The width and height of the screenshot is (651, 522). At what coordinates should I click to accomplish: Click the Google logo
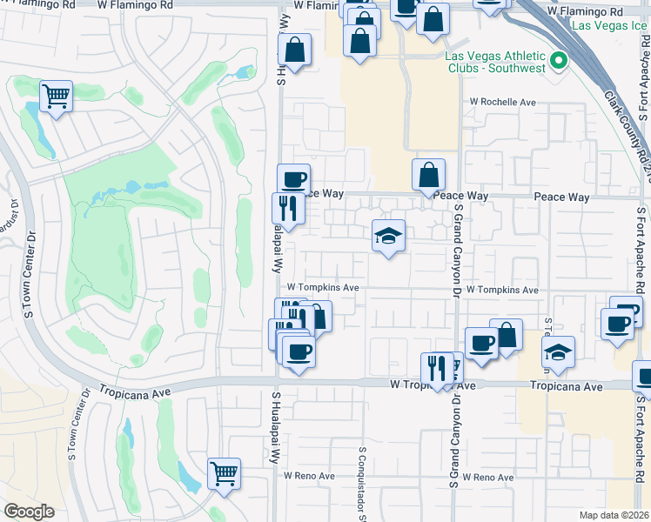point(29,512)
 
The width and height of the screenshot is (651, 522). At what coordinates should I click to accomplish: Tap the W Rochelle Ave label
point(503,102)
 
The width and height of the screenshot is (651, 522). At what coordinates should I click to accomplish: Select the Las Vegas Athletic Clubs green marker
point(558,62)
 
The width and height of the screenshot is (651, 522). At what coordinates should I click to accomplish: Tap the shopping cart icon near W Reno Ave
point(224,474)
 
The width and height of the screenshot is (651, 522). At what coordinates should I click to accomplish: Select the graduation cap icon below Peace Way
point(389,235)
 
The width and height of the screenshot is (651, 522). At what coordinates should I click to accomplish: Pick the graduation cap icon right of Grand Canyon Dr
point(558,352)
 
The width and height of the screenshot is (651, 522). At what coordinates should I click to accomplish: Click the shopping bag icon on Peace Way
point(429,175)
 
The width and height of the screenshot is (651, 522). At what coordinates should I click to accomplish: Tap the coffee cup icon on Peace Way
point(294,179)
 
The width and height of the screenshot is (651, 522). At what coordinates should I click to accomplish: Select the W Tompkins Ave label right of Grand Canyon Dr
point(502,290)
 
